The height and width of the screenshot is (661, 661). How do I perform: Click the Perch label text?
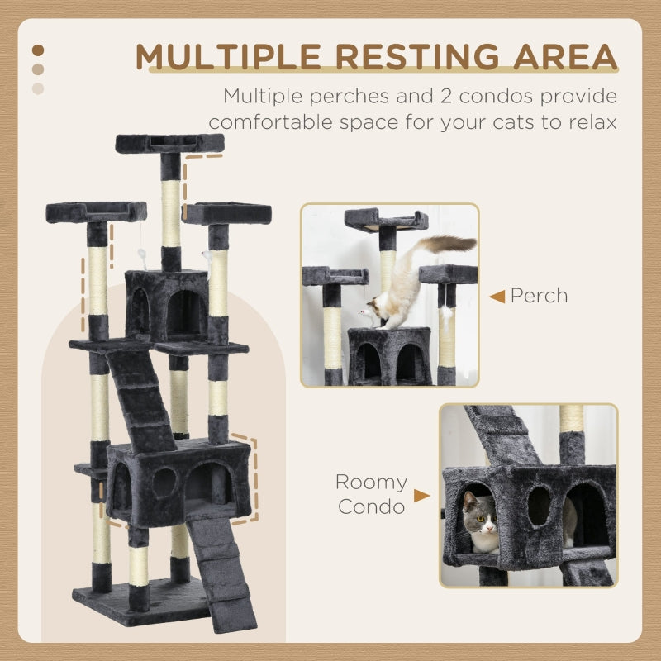click(x=539, y=296)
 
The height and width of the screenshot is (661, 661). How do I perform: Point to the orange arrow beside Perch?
click(x=497, y=296)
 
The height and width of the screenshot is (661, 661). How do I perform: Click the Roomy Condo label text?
click(x=371, y=494)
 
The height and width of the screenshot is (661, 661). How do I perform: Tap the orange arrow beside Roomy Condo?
click(x=421, y=496)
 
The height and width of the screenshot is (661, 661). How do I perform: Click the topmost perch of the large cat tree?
click(x=169, y=143)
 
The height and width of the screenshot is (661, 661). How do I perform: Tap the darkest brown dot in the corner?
click(x=37, y=51)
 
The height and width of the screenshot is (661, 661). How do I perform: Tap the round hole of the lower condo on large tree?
click(x=164, y=483)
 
